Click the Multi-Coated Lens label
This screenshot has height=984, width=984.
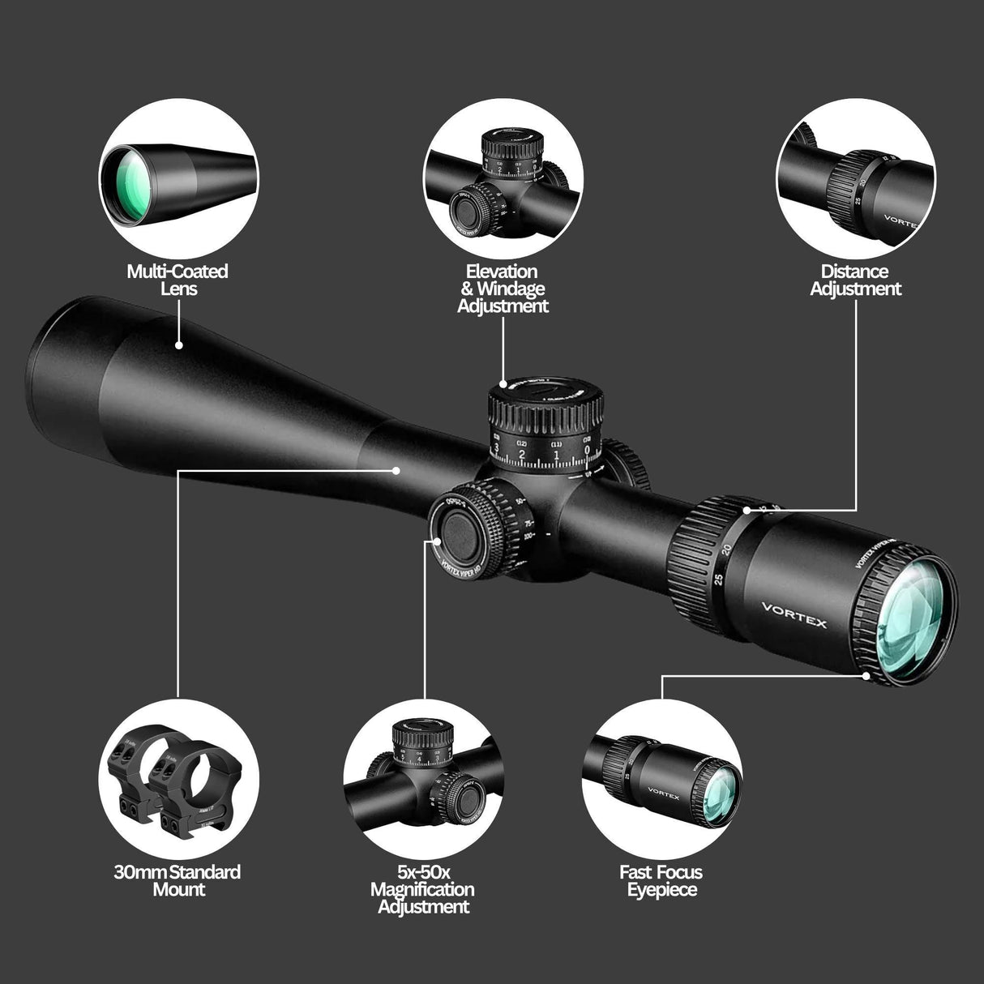[178, 280]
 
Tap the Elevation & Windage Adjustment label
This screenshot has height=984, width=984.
[503, 289]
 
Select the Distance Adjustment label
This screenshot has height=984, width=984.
[856, 280]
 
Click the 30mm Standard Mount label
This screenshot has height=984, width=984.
[178, 881]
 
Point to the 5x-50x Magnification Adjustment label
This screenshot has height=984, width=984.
[422, 889]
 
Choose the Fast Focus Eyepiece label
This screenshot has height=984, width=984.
[661, 881]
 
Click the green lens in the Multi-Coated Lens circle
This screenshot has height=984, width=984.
[127, 186]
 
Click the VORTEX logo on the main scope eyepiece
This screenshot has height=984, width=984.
[794, 613]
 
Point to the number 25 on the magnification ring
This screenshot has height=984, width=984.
[717, 580]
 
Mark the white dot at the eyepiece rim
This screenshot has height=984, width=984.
[866, 674]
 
